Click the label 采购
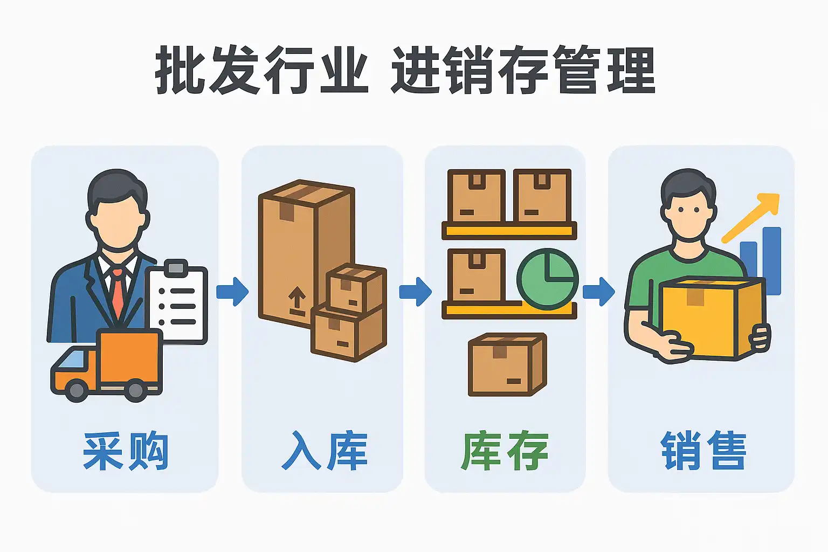tap(125, 451)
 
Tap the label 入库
tap(325, 451)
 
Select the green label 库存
tap(505, 451)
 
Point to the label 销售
tap(703, 451)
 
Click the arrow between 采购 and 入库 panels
tap(232, 292)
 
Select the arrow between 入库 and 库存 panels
tap(415, 292)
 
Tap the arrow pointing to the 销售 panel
tap(598, 292)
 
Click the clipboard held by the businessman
tap(178, 305)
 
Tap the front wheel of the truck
tap(77, 390)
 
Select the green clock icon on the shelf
tap(547, 279)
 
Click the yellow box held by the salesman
tap(712, 318)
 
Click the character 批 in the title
tap(181, 70)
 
